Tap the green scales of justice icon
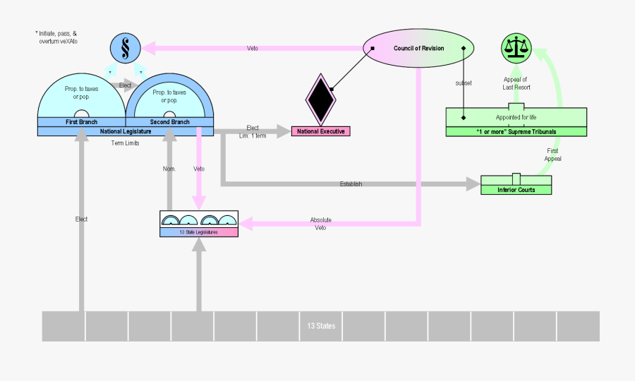(518, 48)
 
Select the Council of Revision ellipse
(418, 48)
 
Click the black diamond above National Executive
(320, 98)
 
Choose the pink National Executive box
(321, 131)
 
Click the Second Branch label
(170, 122)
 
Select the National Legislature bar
(126, 131)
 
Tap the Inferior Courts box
(516, 189)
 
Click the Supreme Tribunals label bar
(516, 131)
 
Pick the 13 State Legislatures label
(199, 232)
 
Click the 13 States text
(321, 326)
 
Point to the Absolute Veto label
(321, 224)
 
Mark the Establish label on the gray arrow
(351, 184)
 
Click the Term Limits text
(126, 143)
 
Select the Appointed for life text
(516, 117)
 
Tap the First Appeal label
(552, 155)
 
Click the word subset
(464, 83)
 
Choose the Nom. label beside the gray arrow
(169, 169)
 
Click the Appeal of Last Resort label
(516, 83)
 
